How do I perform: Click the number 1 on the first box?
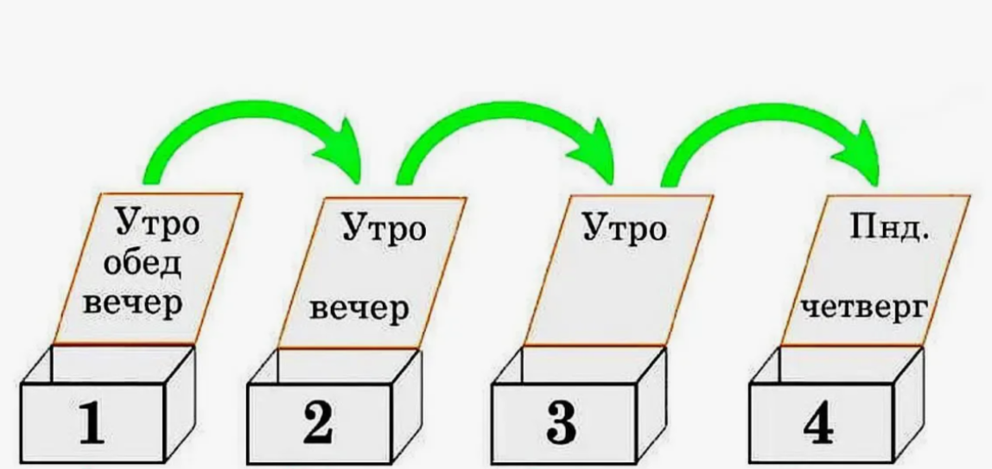point(92,424)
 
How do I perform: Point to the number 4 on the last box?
point(817,424)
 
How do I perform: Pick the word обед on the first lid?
point(143,264)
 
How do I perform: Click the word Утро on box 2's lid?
point(385,230)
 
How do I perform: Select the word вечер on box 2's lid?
point(358,308)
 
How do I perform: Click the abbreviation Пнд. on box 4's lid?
point(885,231)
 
